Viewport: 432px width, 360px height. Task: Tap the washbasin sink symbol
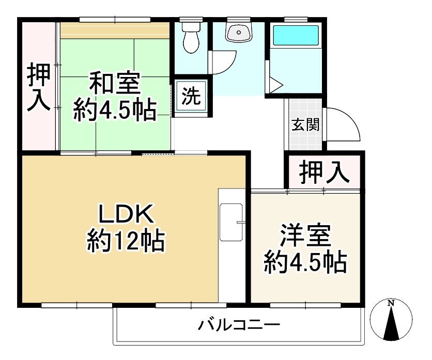click(238, 32)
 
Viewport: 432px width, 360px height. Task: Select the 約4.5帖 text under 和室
click(114, 110)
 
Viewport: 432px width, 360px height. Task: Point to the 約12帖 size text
click(125, 240)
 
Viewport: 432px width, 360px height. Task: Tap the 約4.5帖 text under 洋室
click(305, 263)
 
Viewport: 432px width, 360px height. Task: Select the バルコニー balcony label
click(239, 325)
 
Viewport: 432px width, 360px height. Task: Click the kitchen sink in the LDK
click(231, 222)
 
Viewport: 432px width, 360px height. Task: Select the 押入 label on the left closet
click(39, 87)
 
